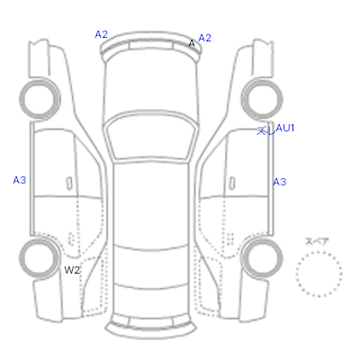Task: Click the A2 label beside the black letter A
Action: click(x=205, y=38)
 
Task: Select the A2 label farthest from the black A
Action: click(x=102, y=34)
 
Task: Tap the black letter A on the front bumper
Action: click(x=192, y=44)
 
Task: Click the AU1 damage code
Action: click(x=285, y=128)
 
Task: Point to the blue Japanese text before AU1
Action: click(x=265, y=130)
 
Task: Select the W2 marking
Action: click(x=72, y=270)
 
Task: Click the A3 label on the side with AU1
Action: click(x=280, y=182)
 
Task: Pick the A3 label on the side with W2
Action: click(x=20, y=180)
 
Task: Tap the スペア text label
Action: click(x=317, y=242)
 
